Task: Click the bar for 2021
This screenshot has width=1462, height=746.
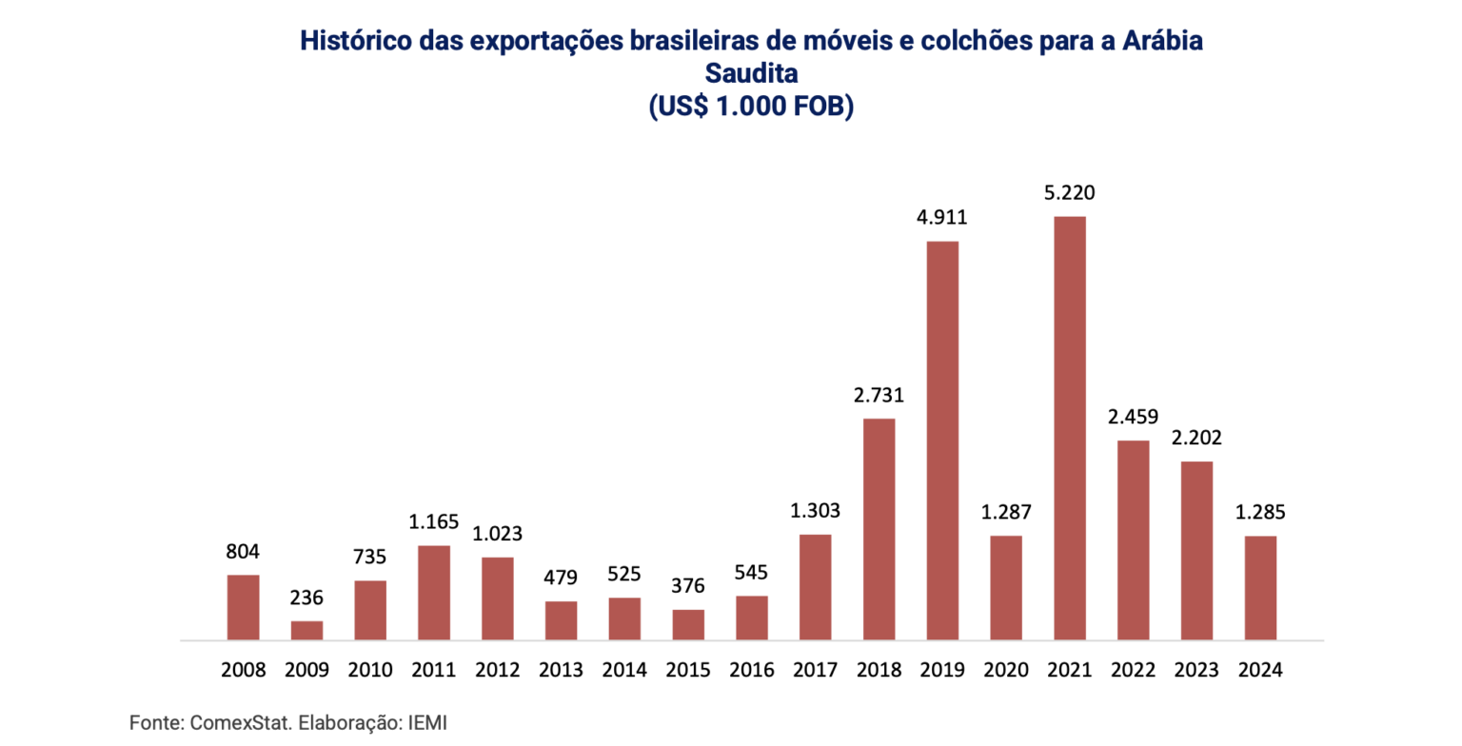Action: coord(1069,428)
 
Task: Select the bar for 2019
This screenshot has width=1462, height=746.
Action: coord(942,441)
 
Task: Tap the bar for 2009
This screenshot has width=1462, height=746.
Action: coord(306,630)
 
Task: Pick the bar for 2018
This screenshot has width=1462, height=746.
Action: coord(879,529)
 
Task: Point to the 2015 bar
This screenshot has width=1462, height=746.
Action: coord(688,624)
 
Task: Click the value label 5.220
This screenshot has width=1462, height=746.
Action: coord(1069,194)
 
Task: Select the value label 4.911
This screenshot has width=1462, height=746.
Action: coord(942,218)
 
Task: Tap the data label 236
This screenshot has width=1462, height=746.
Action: coord(306,599)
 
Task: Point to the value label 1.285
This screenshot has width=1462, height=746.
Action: coord(1260,513)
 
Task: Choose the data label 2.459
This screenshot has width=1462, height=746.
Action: coord(1133,417)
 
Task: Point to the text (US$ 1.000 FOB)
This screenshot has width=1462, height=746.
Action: coord(750,107)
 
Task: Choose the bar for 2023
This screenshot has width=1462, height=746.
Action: coord(1196,550)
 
